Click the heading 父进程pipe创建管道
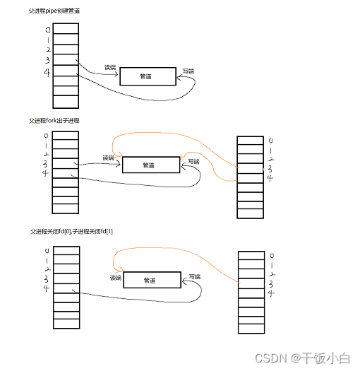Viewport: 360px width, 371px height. [54, 11]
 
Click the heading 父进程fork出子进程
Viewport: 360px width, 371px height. [54, 121]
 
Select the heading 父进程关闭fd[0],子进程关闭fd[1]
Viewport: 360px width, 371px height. [71, 231]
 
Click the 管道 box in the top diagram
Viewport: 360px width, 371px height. [148, 76]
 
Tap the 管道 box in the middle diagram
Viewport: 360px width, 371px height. [151, 165]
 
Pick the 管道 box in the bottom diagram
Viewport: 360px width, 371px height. [152, 280]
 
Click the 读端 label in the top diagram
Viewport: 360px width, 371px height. [110, 67]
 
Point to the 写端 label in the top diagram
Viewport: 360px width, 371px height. [188, 71]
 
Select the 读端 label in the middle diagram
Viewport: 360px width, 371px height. [108, 158]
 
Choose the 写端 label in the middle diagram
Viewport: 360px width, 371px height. [193, 162]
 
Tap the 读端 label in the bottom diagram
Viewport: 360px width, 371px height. [116, 278]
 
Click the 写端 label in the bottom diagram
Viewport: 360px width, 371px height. [195, 276]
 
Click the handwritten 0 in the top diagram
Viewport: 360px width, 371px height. [48, 30]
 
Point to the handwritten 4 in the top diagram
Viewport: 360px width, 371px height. [47, 72]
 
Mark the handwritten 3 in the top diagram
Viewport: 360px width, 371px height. [47, 60]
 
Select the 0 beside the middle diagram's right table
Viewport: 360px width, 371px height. [271, 141]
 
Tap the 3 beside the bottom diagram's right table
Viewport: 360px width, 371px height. [271, 284]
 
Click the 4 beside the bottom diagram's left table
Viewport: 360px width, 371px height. [46, 288]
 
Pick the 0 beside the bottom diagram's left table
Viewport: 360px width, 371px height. [47, 251]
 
